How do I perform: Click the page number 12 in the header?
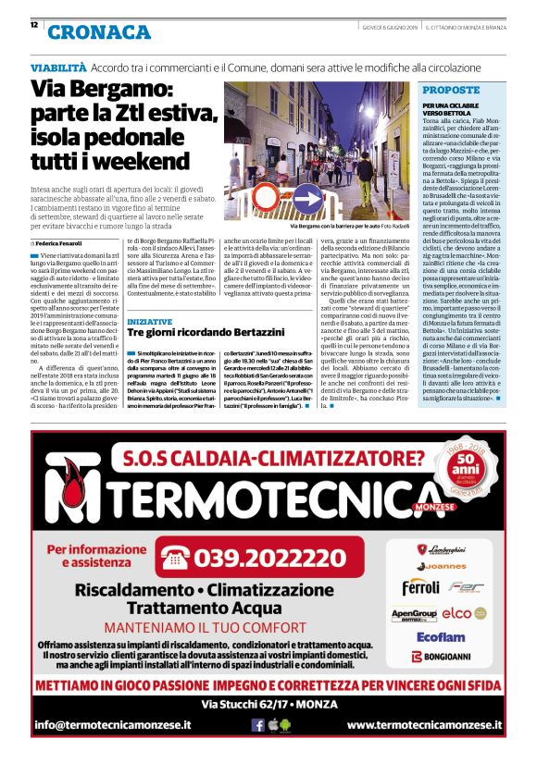coord(34,25)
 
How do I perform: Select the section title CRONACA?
coord(99,32)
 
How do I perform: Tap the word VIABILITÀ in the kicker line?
coord(58,68)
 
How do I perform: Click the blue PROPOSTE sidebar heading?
coord(451,91)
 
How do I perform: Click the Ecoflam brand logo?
coord(440,636)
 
